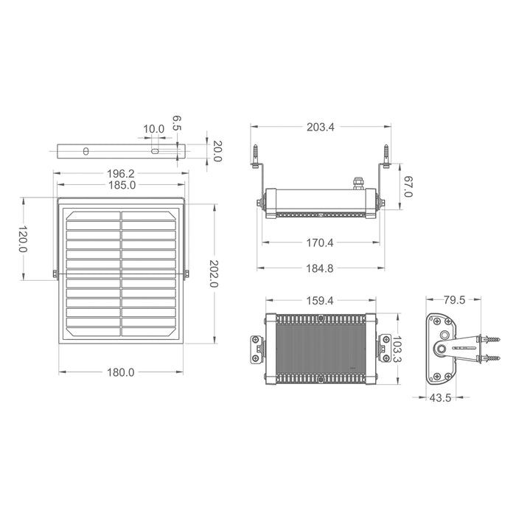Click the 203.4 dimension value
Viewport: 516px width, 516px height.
[321, 127]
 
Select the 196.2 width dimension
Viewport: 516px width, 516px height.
[122, 174]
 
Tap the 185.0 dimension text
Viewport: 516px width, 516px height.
[122, 185]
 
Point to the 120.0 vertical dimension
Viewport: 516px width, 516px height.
[22, 239]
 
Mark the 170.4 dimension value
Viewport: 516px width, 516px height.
[321, 242]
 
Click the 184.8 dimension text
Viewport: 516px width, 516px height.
[321, 268]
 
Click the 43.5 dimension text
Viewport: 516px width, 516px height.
[442, 398]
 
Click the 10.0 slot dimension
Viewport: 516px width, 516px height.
[153, 129]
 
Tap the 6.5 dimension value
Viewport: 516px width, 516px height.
[176, 122]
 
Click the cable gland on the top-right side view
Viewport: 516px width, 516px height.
[360, 180]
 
